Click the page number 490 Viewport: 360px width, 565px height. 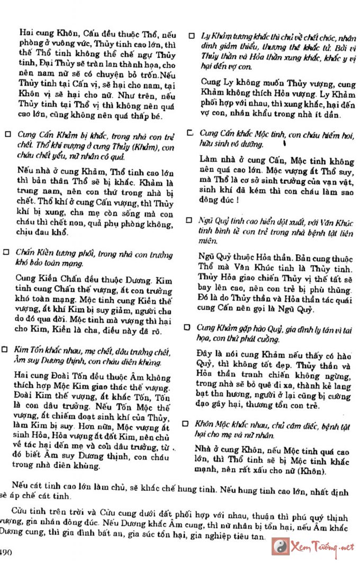pos(6,552)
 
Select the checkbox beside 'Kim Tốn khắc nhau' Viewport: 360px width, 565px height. pos(5,350)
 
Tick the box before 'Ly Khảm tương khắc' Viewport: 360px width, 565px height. pos(192,37)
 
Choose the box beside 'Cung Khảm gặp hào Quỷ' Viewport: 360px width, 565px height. pos(187,327)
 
